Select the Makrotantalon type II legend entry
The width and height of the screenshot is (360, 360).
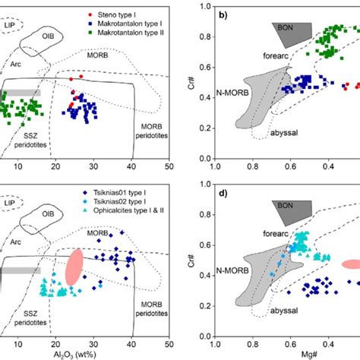115,33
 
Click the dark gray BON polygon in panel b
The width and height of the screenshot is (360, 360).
292,33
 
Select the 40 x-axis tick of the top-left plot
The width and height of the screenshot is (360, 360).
132,166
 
